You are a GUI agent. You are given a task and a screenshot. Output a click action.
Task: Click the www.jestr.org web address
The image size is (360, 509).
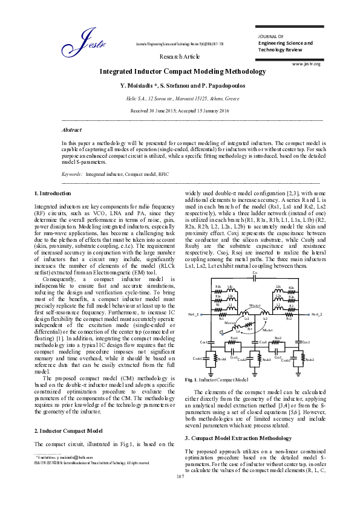(x=306, y=63)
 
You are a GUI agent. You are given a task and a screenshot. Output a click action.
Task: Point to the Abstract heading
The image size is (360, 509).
(x=72, y=129)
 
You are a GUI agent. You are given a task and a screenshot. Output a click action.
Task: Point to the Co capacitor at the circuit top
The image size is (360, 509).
(x=255, y=273)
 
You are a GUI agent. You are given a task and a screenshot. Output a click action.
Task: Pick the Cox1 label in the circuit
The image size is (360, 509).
(x=203, y=342)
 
